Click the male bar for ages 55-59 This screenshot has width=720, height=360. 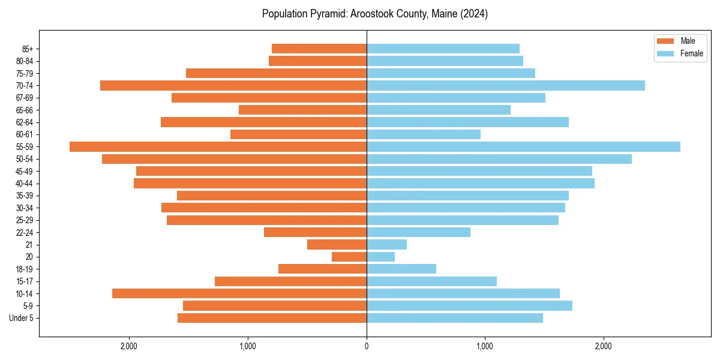coord(218,146)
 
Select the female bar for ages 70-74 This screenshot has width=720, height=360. coord(506,85)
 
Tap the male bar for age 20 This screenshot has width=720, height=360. coord(349,257)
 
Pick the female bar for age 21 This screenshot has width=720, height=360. coord(386,244)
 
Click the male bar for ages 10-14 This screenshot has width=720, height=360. coord(239,293)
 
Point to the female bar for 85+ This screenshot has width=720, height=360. coord(443,49)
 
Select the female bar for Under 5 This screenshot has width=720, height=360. coord(455,318)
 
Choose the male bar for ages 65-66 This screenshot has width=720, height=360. coord(302,110)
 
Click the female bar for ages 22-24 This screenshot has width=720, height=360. coord(418,232)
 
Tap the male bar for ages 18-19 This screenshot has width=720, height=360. coord(322,269)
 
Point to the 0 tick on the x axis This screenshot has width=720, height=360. coord(367,346)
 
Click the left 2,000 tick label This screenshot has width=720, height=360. coord(129,346)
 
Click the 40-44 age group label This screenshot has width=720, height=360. coord(24,184)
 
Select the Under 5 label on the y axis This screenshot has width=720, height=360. coord(21,318)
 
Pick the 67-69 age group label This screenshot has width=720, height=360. coord(24,98)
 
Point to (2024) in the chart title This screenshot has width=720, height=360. coord(475,14)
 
